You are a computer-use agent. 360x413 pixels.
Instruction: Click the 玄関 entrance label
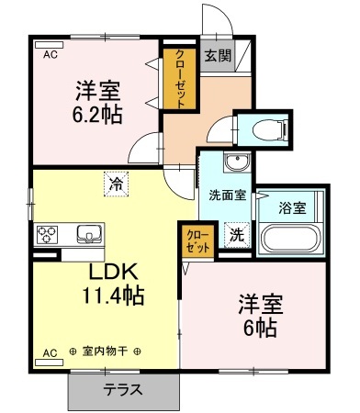click(x=217, y=56)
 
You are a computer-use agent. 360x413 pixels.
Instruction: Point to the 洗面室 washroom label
click(x=226, y=195)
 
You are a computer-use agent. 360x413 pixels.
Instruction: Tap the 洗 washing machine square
click(x=237, y=234)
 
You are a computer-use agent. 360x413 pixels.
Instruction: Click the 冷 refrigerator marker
click(x=116, y=184)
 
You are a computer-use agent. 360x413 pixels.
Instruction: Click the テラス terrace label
click(x=122, y=388)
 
